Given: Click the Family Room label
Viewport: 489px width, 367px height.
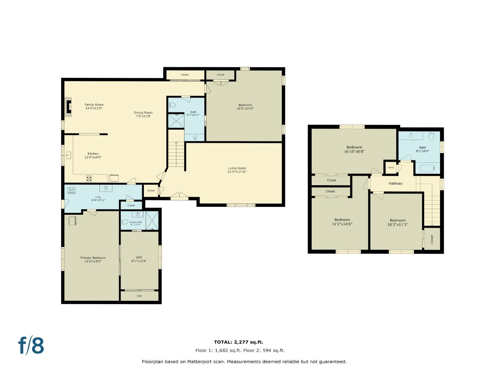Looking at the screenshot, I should tap(94, 105).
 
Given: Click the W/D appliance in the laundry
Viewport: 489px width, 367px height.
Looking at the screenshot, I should tap(72, 190).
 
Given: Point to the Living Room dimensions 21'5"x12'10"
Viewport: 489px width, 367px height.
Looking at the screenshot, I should tap(237, 172).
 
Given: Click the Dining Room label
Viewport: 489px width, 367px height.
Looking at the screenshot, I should tap(143, 112).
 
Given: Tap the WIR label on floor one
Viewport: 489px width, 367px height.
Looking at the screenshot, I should tap(139, 258).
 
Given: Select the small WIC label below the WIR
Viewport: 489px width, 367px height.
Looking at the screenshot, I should tap(140, 296).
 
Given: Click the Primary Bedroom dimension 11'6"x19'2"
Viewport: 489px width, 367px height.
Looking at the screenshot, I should tap(93, 261).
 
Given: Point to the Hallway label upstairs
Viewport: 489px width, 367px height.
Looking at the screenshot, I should tap(395, 183).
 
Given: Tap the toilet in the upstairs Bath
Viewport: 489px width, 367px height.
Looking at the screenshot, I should tap(431, 136).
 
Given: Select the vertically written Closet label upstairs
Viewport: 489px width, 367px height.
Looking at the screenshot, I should tap(432, 240).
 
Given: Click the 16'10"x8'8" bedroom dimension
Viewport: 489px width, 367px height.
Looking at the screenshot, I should tap(354, 152).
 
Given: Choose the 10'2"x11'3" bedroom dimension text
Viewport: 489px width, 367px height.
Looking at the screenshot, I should tap(398, 225).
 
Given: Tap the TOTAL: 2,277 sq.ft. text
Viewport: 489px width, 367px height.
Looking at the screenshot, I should tap(238, 342).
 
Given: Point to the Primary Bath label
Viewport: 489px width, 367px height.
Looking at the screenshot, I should tap(135, 222).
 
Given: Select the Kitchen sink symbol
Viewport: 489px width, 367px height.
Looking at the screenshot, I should tap(68, 156).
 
